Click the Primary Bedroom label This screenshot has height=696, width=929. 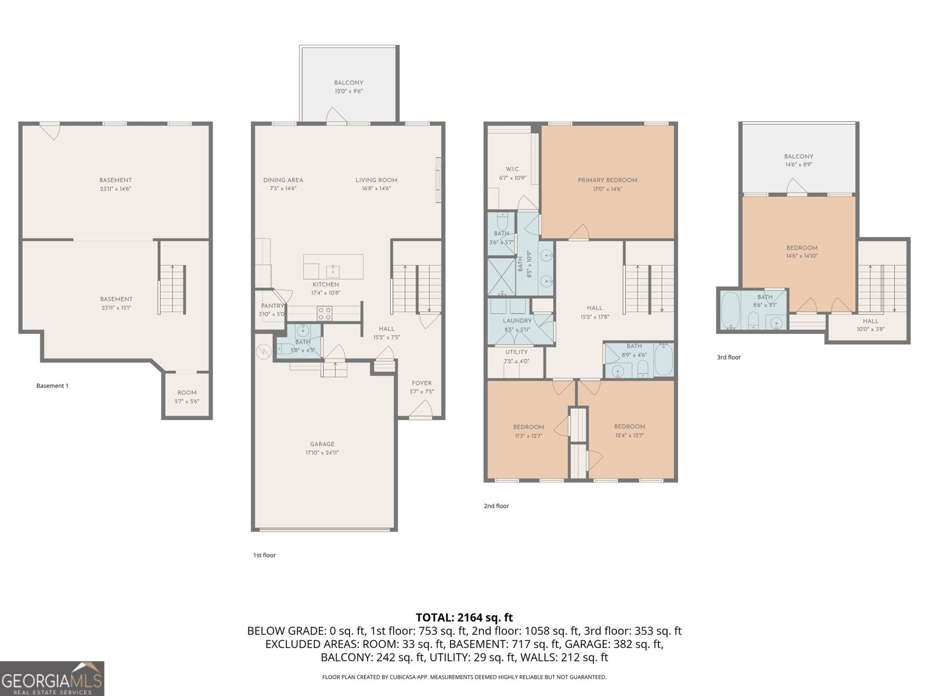click(607, 180)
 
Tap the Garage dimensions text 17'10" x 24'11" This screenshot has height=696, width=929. click(322, 453)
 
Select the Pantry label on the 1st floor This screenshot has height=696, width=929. click(272, 306)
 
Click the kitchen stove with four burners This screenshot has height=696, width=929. click(325, 314)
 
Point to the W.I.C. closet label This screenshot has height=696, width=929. click(513, 169)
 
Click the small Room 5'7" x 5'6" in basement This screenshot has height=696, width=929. click(187, 397)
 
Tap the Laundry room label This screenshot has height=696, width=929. click(517, 321)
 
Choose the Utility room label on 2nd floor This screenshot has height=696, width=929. click(516, 352)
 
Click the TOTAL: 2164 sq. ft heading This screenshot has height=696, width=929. click(464, 617)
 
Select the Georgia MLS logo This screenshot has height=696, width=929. click(52, 679)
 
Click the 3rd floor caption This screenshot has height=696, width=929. click(729, 357)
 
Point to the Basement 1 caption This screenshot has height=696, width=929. click(52, 386)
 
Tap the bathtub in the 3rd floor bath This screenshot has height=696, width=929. click(730, 311)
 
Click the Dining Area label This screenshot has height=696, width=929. click(283, 180)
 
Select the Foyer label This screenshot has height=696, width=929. click(422, 383)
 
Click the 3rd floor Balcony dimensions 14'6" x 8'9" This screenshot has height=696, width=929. click(798, 165)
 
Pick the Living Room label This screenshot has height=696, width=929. click(376, 180)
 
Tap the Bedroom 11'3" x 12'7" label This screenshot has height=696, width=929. click(528, 427)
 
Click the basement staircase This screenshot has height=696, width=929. click(173, 289)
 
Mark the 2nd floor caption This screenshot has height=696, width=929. click(496, 506)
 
